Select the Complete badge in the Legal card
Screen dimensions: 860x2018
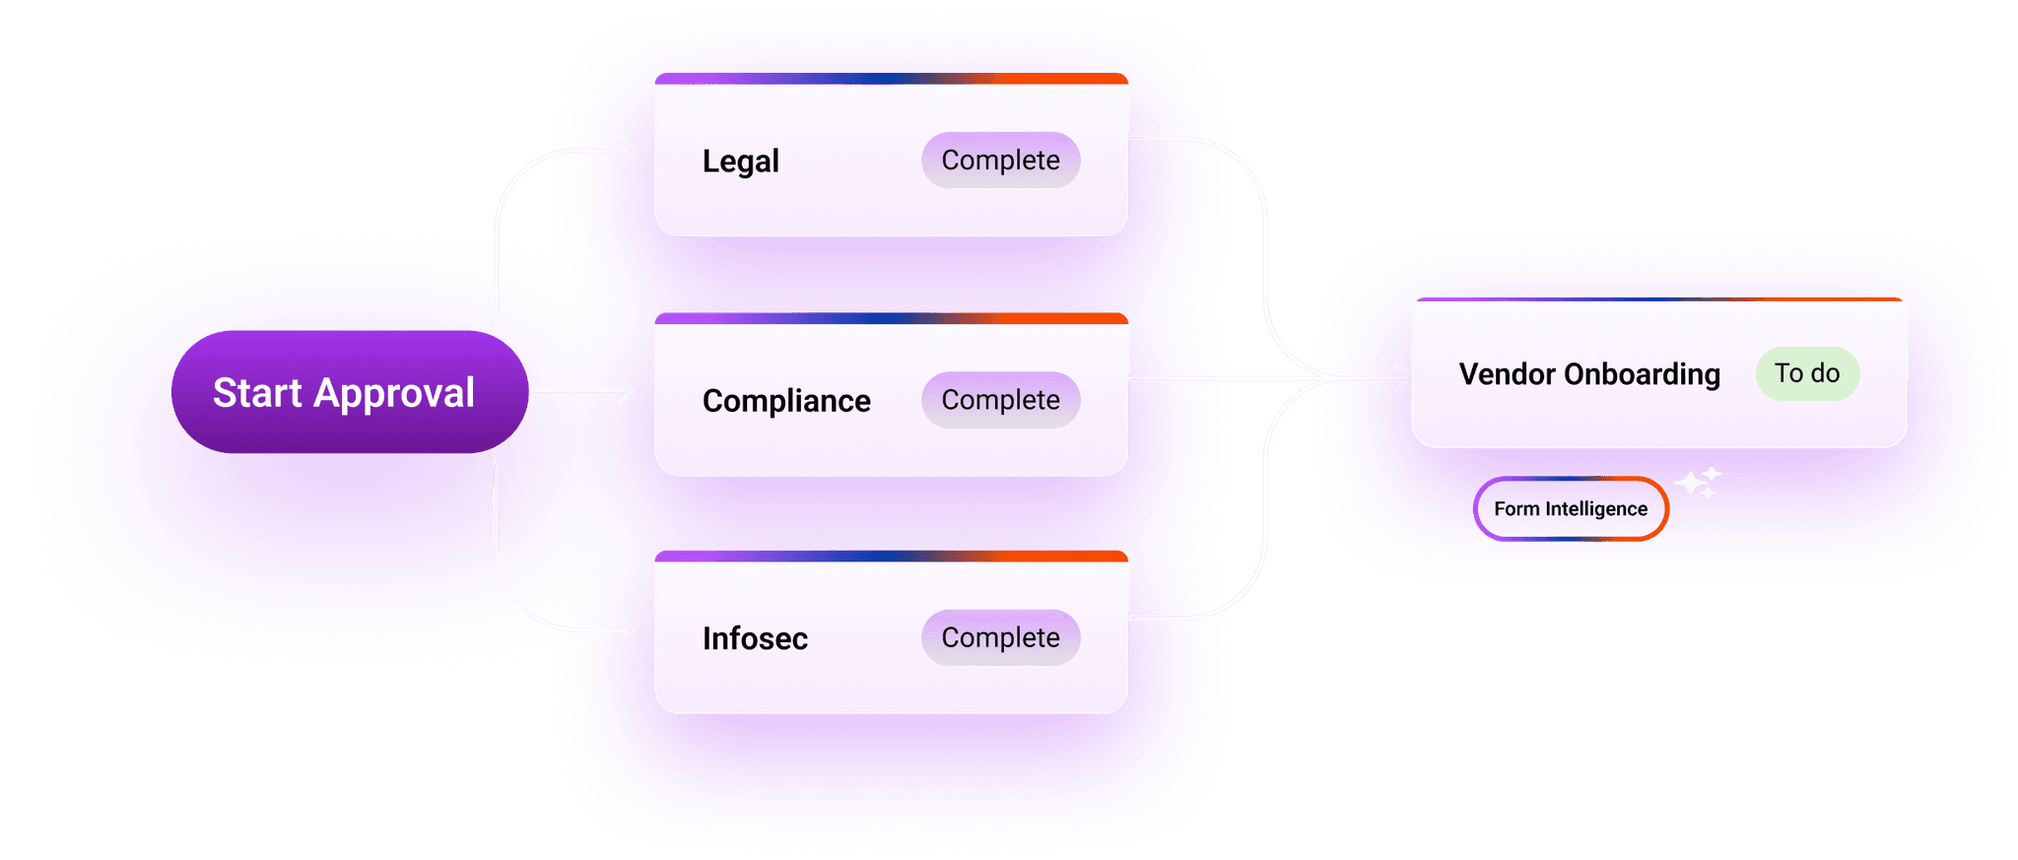tap(1000, 160)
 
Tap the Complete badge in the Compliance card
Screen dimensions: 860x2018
tap(1000, 400)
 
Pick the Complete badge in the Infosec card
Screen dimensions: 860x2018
tap(1000, 637)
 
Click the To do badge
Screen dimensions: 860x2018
tap(1807, 373)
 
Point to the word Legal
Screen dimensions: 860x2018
tap(740, 162)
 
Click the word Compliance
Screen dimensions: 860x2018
tap(786, 401)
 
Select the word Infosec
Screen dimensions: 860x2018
tap(755, 638)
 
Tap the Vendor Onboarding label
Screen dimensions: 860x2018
tap(1589, 374)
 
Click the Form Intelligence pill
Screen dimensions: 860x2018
tap(1571, 509)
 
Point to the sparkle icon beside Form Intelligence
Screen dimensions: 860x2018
tap(1698, 483)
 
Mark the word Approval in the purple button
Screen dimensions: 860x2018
tap(394, 393)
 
